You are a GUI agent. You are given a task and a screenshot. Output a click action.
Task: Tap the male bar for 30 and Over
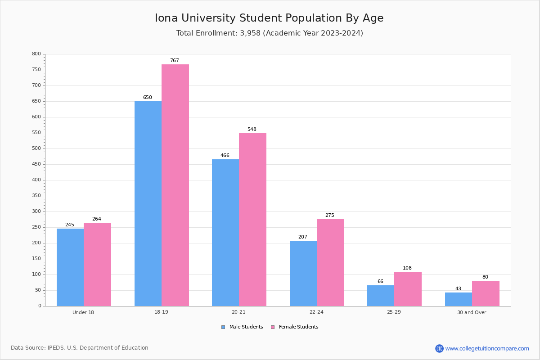click(x=459, y=299)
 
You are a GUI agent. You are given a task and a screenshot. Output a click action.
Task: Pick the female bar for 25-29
click(x=408, y=289)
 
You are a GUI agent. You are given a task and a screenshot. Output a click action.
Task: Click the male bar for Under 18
click(x=70, y=267)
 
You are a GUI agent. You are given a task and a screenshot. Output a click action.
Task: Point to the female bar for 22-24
click(x=330, y=262)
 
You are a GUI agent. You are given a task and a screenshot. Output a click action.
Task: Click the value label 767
click(x=175, y=61)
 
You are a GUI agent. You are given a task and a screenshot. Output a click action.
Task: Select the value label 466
click(x=225, y=156)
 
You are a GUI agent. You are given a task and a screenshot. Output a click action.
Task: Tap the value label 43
click(x=458, y=289)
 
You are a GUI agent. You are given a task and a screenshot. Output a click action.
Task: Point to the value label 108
click(x=407, y=268)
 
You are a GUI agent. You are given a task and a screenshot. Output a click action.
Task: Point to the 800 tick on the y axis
click(x=36, y=54)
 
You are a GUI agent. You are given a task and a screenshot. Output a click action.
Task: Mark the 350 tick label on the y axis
click(x=36, y=196)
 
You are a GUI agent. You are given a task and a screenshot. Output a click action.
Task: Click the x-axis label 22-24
click(x=316, y=312)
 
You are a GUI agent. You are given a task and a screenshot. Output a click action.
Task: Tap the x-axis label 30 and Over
click(x=472, y=312)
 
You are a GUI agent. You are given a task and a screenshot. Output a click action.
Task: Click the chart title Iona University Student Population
click(x=269, y=18)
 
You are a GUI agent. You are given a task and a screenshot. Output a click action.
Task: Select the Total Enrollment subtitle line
click(x=270, y=33)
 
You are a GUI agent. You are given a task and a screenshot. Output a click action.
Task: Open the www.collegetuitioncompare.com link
click(x=487, y=348)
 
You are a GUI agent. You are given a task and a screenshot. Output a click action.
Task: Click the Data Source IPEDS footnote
click(x=80, y=348)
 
